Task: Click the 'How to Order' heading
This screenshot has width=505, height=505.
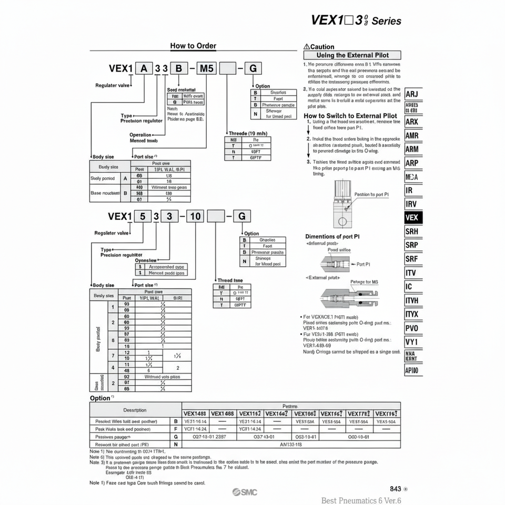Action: [x=193, y=46]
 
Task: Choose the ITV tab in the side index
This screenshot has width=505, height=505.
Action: [x=411, y=273]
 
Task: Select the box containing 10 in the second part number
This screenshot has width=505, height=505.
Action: [x=195, y=216]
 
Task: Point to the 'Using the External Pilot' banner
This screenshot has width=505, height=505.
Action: [x=352, y=55]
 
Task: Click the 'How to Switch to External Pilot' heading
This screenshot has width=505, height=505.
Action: [x=350, y=116]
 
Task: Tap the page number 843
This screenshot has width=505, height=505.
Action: [x=396, y=489]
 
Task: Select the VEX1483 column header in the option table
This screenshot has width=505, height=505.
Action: [x=195, y=413]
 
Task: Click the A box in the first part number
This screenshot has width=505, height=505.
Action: [x=143, y=68]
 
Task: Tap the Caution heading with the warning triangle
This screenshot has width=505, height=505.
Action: [x=319, y=47]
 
